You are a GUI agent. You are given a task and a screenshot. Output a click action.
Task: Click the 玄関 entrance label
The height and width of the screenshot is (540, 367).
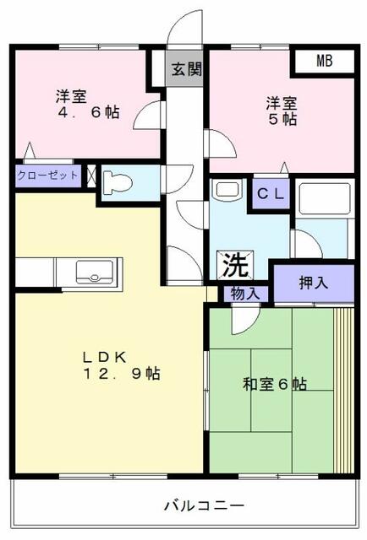click(187, 70)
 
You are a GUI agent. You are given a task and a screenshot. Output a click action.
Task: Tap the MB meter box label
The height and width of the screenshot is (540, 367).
click(325, 61)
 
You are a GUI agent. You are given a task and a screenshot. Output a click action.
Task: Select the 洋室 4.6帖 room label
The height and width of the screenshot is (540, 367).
click(87, 106)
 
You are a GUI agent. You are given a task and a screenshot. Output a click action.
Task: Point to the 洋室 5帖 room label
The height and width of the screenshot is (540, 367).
click(282, 111)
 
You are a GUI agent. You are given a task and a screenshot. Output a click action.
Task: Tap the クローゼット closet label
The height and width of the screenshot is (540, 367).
click(47, 175)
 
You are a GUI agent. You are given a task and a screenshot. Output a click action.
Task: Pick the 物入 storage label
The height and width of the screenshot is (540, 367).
click(245, 293)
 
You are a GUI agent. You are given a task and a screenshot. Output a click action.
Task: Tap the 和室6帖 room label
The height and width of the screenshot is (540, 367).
click(275, 385)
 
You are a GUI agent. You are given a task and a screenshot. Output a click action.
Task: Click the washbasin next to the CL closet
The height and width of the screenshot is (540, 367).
click(227, 192)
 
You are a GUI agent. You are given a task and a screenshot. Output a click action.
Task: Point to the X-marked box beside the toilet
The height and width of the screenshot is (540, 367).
click(91, 177)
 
